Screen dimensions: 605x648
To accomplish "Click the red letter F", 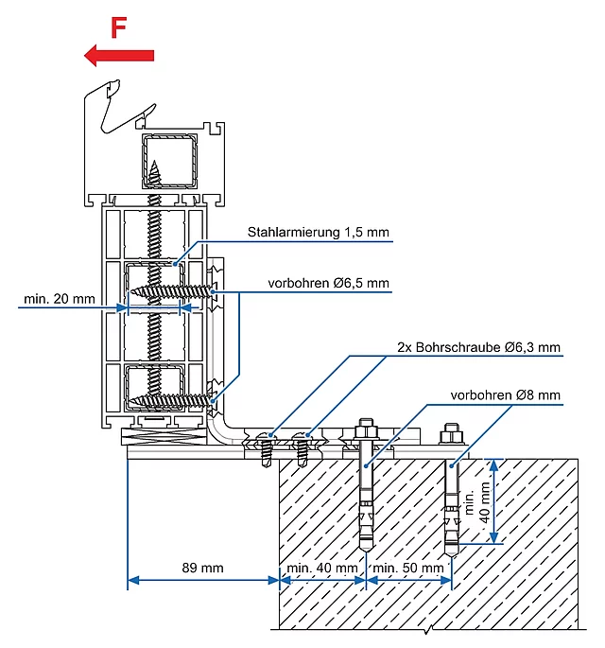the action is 118,27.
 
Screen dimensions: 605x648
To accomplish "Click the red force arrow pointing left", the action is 119,56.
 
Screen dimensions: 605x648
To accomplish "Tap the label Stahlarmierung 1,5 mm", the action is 318,233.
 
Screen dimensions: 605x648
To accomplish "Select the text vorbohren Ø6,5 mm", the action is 328,284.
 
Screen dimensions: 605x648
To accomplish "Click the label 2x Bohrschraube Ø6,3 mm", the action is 478,347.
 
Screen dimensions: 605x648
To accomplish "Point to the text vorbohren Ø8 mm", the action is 505,395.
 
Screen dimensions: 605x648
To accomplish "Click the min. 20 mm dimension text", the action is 60,299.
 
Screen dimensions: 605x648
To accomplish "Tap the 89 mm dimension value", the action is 202,568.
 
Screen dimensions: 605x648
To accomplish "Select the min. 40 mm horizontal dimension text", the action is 322,568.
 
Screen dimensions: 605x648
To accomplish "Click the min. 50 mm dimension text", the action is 408,568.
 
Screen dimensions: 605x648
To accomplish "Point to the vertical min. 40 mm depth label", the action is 477,502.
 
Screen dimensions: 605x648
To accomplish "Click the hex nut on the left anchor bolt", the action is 366,432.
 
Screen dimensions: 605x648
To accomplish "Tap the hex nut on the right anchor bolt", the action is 452,436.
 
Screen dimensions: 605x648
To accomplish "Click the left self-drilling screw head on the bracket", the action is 267,438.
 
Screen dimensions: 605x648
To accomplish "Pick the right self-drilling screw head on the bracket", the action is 302,438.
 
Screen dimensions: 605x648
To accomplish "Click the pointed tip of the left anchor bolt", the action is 366,552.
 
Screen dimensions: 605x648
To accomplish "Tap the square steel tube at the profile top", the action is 169,161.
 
